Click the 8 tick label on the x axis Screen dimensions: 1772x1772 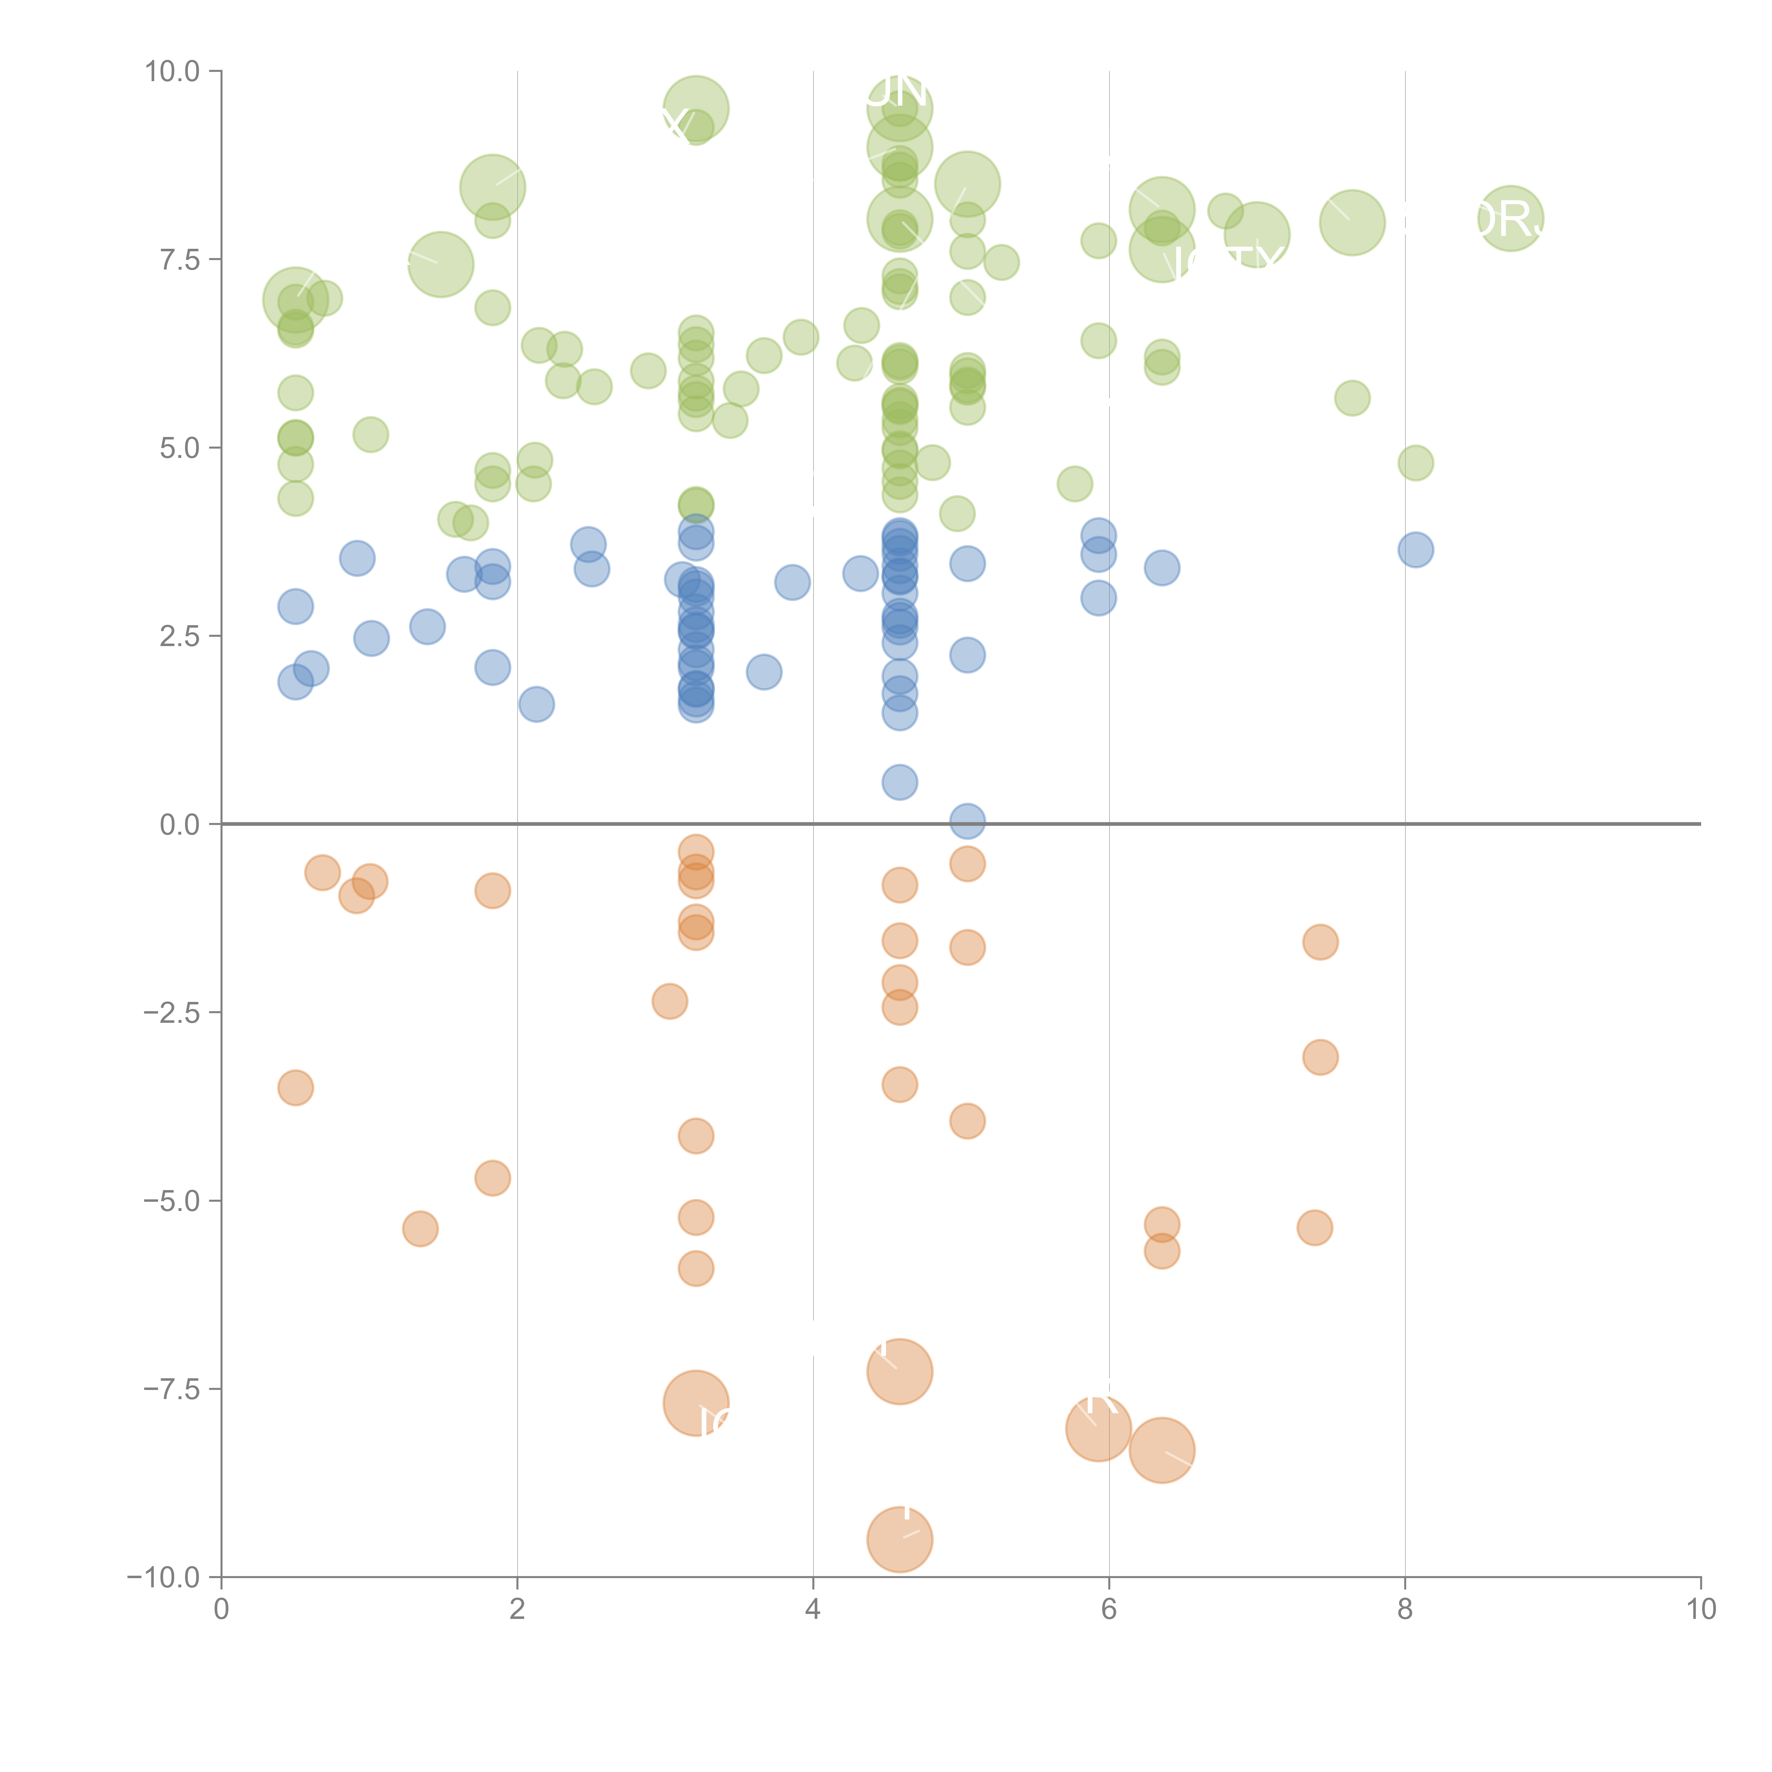(1405, 1610)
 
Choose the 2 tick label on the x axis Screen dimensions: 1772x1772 (517, 1610)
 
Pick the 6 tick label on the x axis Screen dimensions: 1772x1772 (1109, 1610)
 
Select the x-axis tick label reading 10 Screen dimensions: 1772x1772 (1700, 1610)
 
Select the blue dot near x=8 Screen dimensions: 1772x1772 (1415, 550)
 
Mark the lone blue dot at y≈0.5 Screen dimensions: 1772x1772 (900, 783)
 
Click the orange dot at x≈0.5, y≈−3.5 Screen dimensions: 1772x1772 (295, 1088)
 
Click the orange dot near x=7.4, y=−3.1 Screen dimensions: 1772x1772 (1320, 1058)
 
